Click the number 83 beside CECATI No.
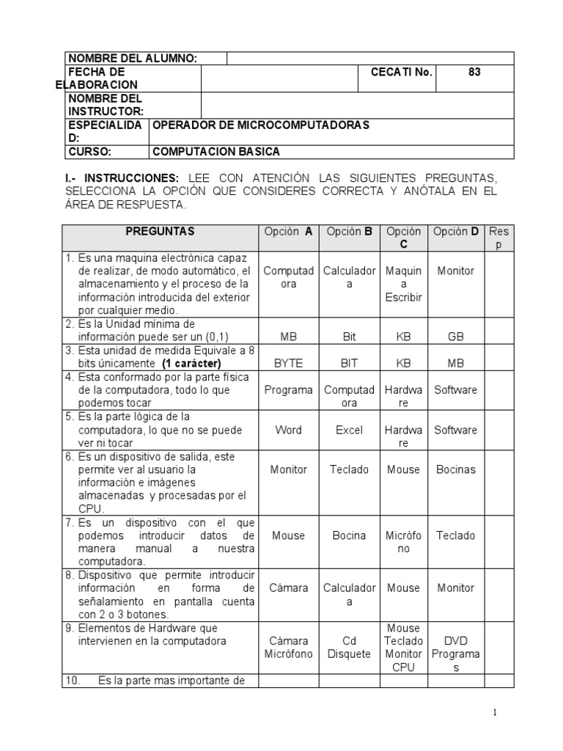tap(474, 72)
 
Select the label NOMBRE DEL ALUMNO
tap(132, 59)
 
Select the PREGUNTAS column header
tap(160, 231)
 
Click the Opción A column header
tap(288, 231)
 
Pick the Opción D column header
tap(455, 231)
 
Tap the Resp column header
tap(498, 238)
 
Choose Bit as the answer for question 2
tap(349, 337)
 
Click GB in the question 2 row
tap(455, 337)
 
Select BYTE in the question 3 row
tap(288, 363)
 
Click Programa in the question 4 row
tap(288, 389)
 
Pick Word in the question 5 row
tap(288, 430)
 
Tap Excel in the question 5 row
tap(349, 430)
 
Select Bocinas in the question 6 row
tap(455, 469)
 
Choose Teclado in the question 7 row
tap(455, 535)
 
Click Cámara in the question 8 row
tap(288, 587)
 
